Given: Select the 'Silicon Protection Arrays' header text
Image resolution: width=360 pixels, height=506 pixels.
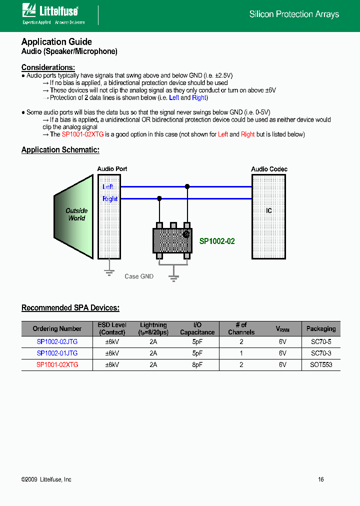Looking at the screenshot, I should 294,14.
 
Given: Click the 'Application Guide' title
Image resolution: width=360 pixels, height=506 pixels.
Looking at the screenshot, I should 56,42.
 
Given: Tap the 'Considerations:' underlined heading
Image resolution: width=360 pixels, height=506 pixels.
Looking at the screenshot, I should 48,67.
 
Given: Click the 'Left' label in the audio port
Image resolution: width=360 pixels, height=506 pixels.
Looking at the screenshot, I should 107,186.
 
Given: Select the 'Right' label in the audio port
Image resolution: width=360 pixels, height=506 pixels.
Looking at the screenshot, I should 109,198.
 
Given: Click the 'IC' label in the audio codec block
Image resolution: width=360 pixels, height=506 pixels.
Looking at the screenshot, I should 269,211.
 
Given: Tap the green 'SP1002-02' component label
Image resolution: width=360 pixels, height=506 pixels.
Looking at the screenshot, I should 217,241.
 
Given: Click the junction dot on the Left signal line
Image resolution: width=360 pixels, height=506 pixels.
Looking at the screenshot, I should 187,186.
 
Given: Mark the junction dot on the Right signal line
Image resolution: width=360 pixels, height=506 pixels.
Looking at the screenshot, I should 159,198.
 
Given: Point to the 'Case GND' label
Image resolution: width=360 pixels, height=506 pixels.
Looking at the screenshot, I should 139,276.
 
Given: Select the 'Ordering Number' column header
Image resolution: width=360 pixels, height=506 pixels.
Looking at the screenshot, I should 57,328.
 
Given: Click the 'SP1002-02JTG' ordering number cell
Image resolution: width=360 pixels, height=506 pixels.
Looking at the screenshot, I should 57,342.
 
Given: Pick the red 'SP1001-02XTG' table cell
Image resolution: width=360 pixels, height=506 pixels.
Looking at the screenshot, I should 57,364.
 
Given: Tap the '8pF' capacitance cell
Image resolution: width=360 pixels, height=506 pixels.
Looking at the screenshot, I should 197,364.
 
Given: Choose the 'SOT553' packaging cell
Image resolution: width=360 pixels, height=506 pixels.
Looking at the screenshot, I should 320,364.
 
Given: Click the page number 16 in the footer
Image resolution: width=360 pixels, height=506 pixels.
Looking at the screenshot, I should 321,479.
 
